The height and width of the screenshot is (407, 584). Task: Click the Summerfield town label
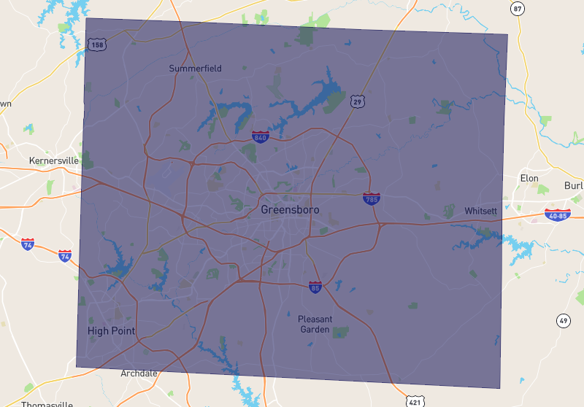(195, 69)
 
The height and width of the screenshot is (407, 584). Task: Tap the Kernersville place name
(53, 160)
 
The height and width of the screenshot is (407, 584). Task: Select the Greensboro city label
(290, 209)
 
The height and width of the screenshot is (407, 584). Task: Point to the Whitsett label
(480, 211)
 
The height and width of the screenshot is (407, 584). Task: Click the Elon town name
(529, 178)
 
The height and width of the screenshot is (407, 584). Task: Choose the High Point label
(112, 330)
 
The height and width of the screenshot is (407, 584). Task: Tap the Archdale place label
(139, 373)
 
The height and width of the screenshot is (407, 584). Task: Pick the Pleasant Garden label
(315, 324)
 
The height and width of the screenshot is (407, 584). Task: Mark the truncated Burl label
(575, 185)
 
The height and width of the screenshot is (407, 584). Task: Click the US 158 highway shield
(96, 45)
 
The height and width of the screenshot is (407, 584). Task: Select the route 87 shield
(518, 9)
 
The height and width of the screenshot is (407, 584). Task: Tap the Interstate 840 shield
(259, 136)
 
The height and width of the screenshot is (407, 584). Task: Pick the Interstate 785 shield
(372, 198)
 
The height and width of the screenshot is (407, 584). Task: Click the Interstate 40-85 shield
(557, 214)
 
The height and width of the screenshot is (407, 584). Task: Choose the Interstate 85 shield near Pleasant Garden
(315, 287)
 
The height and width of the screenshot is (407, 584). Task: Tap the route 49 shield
(563, 320)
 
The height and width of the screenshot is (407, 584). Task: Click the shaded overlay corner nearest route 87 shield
(507, 34)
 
